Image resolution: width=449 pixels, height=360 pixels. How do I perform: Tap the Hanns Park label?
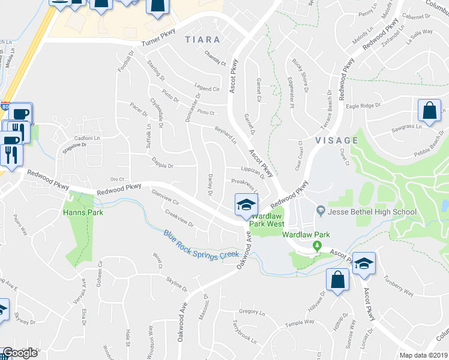point(83,212)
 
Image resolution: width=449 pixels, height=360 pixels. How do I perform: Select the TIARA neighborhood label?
point(202,40)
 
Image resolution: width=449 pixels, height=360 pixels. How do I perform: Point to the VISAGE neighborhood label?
point(337,140)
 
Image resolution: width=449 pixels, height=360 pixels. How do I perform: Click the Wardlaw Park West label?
point(267,220)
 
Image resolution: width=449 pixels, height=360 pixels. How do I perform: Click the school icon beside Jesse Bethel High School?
point(321,210)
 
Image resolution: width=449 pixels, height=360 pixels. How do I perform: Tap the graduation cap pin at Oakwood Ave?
point(246,206)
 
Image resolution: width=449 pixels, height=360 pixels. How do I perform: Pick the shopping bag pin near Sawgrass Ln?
point(430,110)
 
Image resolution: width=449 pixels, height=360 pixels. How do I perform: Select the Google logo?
point(20,353)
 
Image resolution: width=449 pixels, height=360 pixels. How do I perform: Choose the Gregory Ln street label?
point(252,312)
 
